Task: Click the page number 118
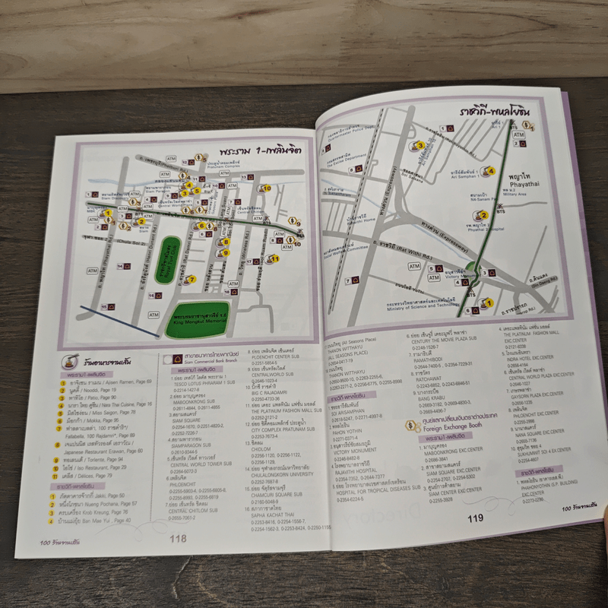click(178, 538)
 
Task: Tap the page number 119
click(477, 518)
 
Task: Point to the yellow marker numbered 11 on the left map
click(274, 258)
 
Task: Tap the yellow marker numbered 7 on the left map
click(192, 279)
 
